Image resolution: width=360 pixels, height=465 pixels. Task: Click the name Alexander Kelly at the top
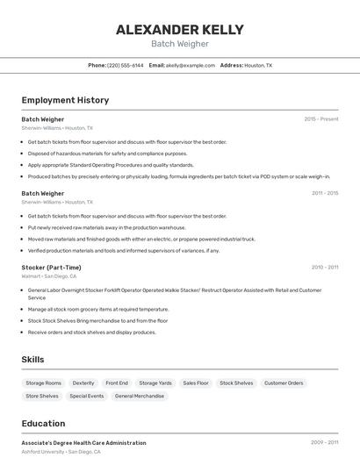180,29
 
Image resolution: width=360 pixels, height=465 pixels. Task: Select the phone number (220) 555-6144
126,65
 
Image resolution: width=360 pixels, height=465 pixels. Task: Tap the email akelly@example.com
191,65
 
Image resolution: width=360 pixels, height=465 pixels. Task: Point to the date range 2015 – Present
321,118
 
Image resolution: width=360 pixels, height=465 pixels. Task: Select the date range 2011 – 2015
325,193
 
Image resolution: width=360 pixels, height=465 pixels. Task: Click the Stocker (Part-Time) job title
51,267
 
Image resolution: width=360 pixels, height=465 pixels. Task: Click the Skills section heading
32,359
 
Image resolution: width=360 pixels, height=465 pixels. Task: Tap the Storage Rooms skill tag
43,383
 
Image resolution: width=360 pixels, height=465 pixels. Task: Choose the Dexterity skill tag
83,383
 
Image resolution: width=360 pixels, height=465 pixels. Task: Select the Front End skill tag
117,383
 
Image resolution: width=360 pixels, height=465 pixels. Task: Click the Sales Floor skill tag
196,383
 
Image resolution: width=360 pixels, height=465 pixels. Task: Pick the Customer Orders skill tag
284,383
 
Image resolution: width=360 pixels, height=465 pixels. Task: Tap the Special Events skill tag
87,396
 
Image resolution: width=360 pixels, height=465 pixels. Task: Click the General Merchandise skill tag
139,396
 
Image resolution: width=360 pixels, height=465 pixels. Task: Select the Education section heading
43,423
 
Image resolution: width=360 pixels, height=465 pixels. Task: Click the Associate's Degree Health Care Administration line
83,443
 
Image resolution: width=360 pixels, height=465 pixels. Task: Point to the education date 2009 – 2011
324,443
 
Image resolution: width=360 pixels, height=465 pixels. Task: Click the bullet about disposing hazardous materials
107,153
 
